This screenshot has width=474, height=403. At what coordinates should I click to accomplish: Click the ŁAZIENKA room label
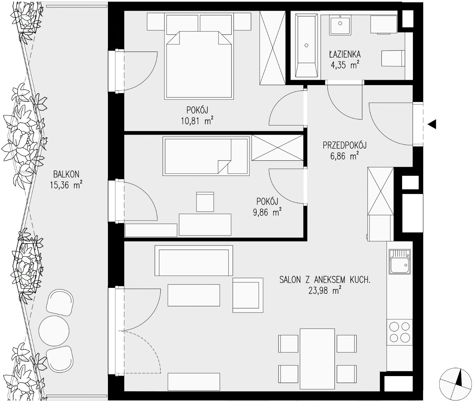coord(345,54)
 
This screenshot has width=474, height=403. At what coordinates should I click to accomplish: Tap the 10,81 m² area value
coord(197,121)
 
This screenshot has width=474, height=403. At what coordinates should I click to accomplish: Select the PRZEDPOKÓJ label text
coord(345,146)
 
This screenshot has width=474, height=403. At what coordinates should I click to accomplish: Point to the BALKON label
coord(66,174)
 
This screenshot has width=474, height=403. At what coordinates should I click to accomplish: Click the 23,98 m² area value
coord(324,291)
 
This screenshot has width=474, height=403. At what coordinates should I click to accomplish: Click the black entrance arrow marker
coord(432,124)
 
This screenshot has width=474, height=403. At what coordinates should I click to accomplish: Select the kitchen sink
coord(400,261)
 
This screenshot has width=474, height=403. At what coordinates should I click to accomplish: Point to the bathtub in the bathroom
coord(306,46)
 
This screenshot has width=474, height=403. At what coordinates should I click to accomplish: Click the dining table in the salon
coord(317,359)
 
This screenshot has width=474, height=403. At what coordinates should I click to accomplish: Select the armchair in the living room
coord(248,295)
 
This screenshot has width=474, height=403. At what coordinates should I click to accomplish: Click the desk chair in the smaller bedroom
coord(205,202)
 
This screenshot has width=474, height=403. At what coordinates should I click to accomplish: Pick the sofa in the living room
coord(194,261)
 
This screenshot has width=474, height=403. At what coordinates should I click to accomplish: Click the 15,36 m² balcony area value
coord(66,185)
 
